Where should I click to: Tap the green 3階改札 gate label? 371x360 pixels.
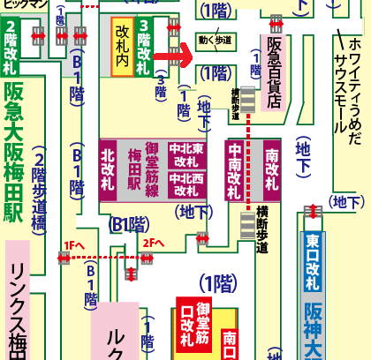(143, 49)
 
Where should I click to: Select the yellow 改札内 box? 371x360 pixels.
(122, 48)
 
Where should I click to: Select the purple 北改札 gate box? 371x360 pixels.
(108, 167)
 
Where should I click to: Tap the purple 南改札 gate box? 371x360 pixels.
(270, 168)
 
